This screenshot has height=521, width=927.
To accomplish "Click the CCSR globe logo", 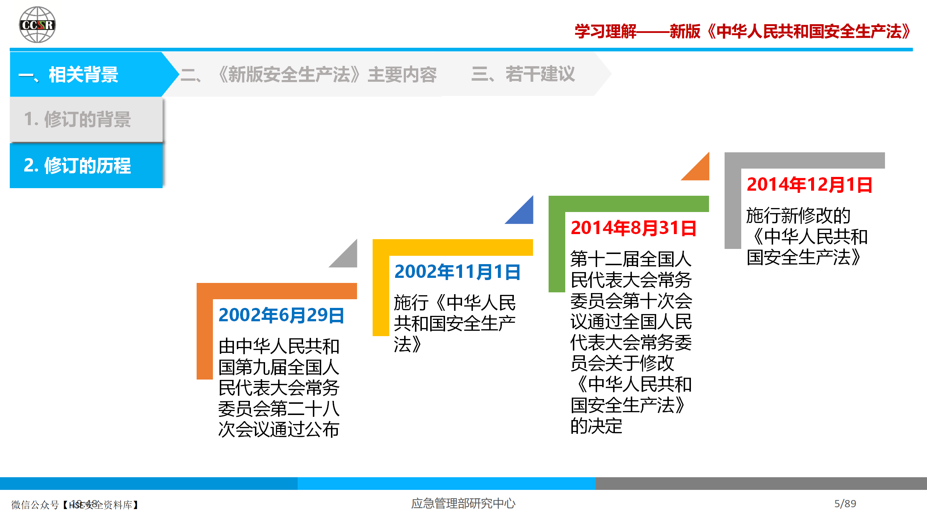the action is pos(37,25).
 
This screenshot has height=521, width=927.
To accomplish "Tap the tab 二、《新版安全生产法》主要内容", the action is pos(309,75).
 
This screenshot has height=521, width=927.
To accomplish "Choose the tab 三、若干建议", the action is pos(523,74).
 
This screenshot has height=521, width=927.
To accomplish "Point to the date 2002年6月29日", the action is pos(281,315).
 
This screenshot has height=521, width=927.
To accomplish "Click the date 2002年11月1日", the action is pos(457,272).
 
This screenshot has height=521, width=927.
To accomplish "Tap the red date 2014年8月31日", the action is pos(633,228).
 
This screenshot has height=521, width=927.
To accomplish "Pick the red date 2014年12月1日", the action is pos(809,185).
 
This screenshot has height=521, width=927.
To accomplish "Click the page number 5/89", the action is pos(845,504).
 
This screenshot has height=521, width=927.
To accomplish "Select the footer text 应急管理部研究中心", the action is pos(463,504).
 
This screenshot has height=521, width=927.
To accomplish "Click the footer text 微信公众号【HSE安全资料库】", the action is pos(75,505).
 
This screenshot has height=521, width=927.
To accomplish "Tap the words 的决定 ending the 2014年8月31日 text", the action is pos(596,426).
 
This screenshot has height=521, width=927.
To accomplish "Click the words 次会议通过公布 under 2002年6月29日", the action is pos(279,429).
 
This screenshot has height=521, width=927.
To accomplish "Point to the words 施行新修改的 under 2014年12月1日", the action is pos(798,216).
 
